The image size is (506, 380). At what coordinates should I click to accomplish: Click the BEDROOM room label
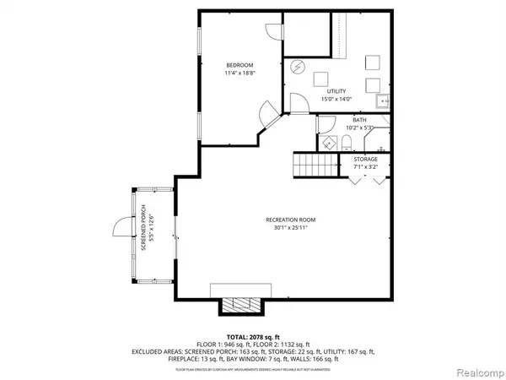(x=239, y=65)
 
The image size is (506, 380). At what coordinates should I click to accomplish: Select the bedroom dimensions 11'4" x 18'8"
(x=239, y=73)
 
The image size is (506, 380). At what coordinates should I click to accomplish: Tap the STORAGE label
(x=366, y=159)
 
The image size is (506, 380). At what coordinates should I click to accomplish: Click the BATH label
(x=359, y=121)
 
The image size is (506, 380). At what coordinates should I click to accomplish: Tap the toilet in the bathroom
(x=347, y=141)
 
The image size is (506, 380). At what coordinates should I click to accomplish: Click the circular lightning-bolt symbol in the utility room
(x=297, y=66)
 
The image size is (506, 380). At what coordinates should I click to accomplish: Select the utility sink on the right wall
(x=384, y=102)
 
